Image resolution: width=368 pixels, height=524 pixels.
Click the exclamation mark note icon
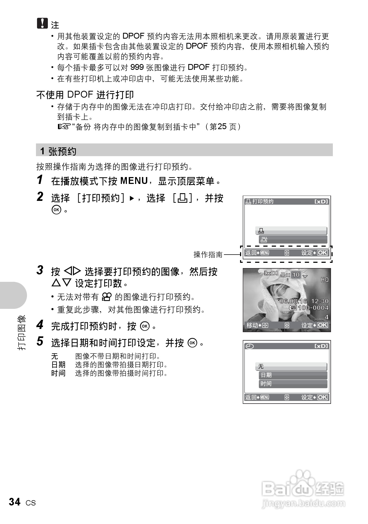pos(42,23)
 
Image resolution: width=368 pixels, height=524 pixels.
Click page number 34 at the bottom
pos(15,502)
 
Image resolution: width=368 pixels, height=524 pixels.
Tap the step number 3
pos(40,270)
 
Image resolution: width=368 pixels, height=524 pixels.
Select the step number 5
pos(40,341)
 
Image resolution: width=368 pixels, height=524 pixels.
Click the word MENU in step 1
pos(134,181)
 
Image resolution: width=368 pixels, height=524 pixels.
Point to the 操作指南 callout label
pos(208,255)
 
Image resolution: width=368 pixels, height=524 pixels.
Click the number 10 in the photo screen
pos(296,275)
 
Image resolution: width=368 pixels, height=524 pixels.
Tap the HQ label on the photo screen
pos(325,280)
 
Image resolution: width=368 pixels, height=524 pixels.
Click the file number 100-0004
pos(313,308)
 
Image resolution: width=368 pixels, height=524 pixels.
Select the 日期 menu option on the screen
pos(266,375)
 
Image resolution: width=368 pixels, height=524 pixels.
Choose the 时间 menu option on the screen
pos(266,384)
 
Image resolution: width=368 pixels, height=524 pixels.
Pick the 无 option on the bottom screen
pos(261,367)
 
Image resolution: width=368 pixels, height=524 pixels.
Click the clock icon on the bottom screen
pos(250,346)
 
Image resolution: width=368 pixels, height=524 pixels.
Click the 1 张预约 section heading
pos(58,151)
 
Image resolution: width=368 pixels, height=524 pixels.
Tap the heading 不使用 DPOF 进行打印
pos(85,94)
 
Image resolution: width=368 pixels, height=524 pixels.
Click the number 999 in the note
pos(137,67)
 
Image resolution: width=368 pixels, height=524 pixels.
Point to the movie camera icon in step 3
pos(107,297)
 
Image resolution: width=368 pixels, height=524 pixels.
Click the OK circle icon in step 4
pos(145,326)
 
